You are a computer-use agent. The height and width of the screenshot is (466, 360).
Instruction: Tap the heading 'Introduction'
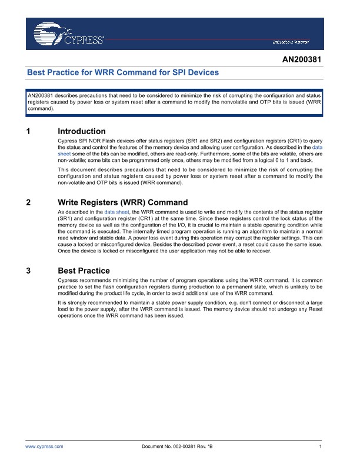(82, 131)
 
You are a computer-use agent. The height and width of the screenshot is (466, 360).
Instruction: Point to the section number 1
(29, 131)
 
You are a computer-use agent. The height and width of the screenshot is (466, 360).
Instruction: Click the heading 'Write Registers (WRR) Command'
(123, 202)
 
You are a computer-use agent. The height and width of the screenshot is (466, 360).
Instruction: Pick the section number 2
(29, 202)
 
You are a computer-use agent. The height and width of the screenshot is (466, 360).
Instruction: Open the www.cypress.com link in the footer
(45, 447)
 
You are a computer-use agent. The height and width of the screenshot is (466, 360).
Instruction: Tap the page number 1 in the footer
(320, 447)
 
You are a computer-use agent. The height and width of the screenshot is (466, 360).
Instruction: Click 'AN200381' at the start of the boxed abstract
(41, 95)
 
